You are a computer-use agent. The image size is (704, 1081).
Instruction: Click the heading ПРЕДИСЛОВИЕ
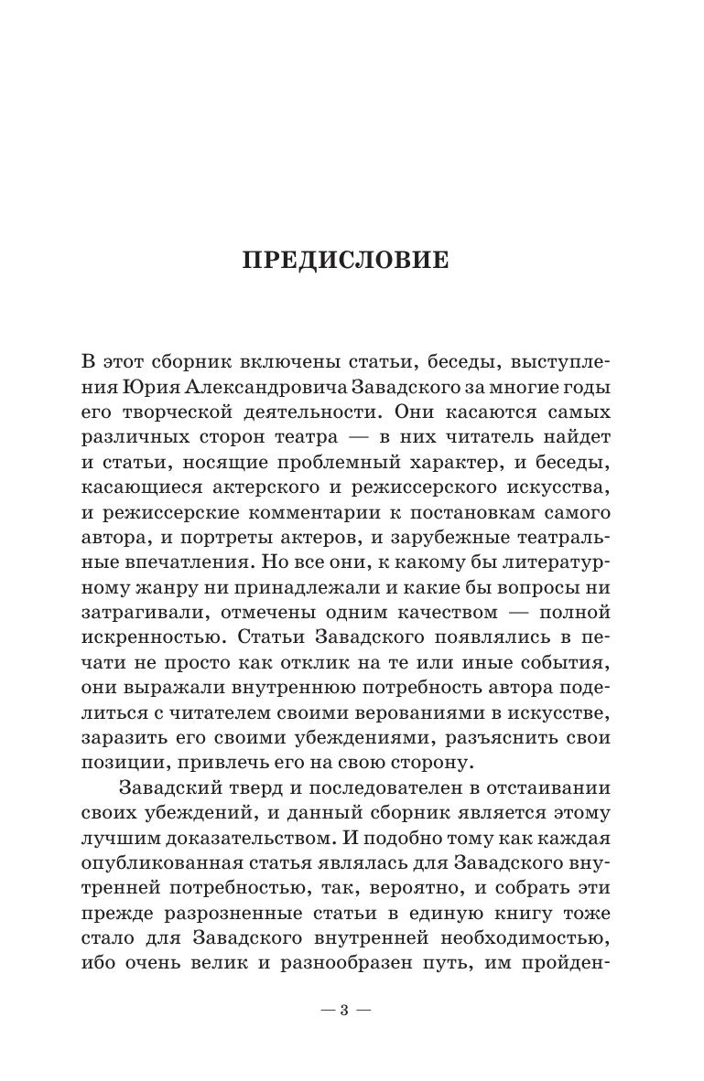pyautogui.click(x=345, y=261)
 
